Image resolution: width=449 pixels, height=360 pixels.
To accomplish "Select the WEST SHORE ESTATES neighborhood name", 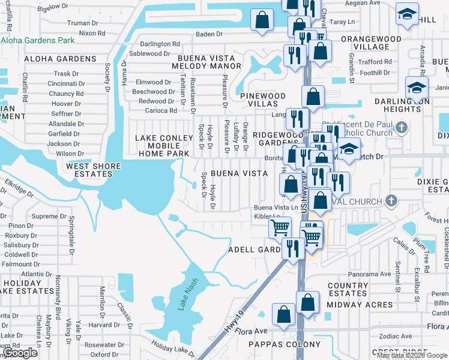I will [89, 170].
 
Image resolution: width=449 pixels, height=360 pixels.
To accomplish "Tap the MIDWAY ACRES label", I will [360, 305].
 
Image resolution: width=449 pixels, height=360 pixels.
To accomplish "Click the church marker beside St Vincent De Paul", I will [402, 127].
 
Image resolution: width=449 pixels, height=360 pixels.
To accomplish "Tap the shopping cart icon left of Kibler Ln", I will [280, 228].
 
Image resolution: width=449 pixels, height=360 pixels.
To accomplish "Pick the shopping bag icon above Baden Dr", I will [262, 19].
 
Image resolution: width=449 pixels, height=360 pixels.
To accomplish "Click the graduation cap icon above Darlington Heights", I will [416, 88].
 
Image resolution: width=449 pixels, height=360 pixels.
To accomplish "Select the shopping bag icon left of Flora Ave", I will [283, 314].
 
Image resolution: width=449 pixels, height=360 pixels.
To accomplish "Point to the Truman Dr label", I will [78, 23].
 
